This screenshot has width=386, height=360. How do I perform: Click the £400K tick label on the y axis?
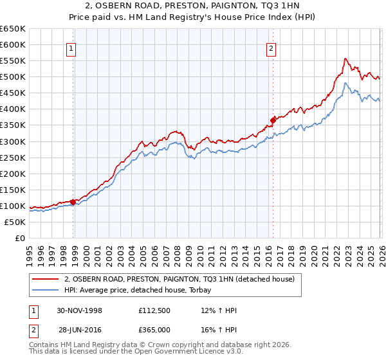point(13,109)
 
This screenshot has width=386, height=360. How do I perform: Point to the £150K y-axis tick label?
point(13,190)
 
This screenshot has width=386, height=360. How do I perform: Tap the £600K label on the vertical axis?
point(13,45)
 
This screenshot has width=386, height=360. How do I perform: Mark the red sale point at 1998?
point(73,202)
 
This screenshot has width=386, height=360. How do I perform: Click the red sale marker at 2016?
point(273,120)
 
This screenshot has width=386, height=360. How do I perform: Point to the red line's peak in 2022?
point(345,59)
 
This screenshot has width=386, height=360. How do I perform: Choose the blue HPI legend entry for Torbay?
point(142,291)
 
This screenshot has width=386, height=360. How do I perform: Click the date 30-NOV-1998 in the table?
point(80,310)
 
